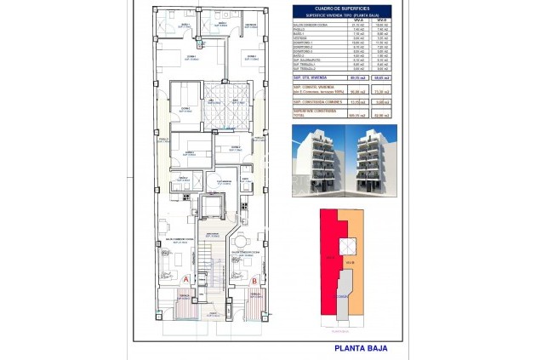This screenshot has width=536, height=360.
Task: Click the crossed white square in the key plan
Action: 348,245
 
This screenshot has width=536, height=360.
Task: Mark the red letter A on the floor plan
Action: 186,278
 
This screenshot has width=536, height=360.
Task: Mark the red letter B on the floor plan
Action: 255,278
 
